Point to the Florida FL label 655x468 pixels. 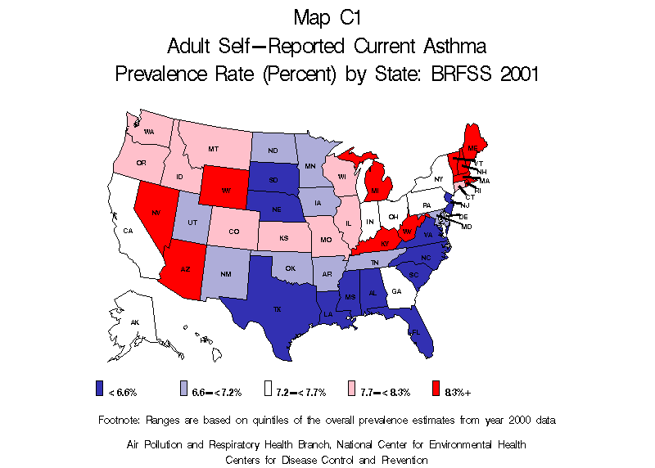(x=416, y=332)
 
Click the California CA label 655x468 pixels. (x=128, y=232)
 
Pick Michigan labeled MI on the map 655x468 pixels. (x=374, y=191)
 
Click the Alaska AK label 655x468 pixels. (x=135, y=322)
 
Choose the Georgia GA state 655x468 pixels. (x=397, y=291)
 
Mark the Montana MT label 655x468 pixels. (x=213, y=149)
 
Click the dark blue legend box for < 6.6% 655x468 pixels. (x=100, y=391)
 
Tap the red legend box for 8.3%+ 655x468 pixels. (x=436, y=391)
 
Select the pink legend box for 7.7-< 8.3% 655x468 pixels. (x=352, y=391)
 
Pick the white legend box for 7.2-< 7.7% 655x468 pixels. (x=268, y=391)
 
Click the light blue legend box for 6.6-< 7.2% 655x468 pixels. (x=184, y=391)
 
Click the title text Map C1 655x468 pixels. (x=327, y=16)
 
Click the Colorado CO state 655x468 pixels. (x=235, y=232)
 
